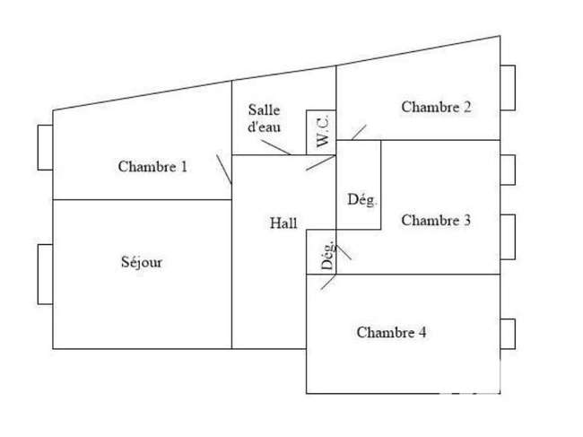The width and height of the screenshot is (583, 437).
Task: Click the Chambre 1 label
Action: tap(152, 166)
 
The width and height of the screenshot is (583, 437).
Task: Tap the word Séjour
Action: tap(142, 262)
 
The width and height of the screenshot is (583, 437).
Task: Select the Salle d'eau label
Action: tap(264, 118)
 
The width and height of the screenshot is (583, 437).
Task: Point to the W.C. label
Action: tap(322, 131)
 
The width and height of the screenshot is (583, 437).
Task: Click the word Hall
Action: tap(283, 223)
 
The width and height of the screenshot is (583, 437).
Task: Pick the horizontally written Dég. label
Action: tap(361, 200)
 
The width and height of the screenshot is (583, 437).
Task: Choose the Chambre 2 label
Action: tap(436, 107)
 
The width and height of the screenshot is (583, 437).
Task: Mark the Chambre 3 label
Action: tap(436, 220)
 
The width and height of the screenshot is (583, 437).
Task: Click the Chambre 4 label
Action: tap(391, 332)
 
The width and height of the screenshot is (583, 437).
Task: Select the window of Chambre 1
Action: tap(46, 148)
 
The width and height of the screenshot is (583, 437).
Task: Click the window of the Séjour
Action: tap(46, 274)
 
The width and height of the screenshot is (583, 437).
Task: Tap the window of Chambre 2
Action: tap(508, 88)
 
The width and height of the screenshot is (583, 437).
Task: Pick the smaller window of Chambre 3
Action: tap(508, 170)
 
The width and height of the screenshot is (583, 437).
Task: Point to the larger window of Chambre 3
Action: tap(508, 237)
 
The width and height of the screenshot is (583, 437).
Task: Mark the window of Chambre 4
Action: tap(508, 334)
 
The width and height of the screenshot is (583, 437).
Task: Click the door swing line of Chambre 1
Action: tap(224, 170)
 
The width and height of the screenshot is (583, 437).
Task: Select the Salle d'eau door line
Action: tap(276, 147)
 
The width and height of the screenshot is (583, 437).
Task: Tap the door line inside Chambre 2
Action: tap(359, 133)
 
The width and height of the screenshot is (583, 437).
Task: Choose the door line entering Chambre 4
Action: tap(328, 282)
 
